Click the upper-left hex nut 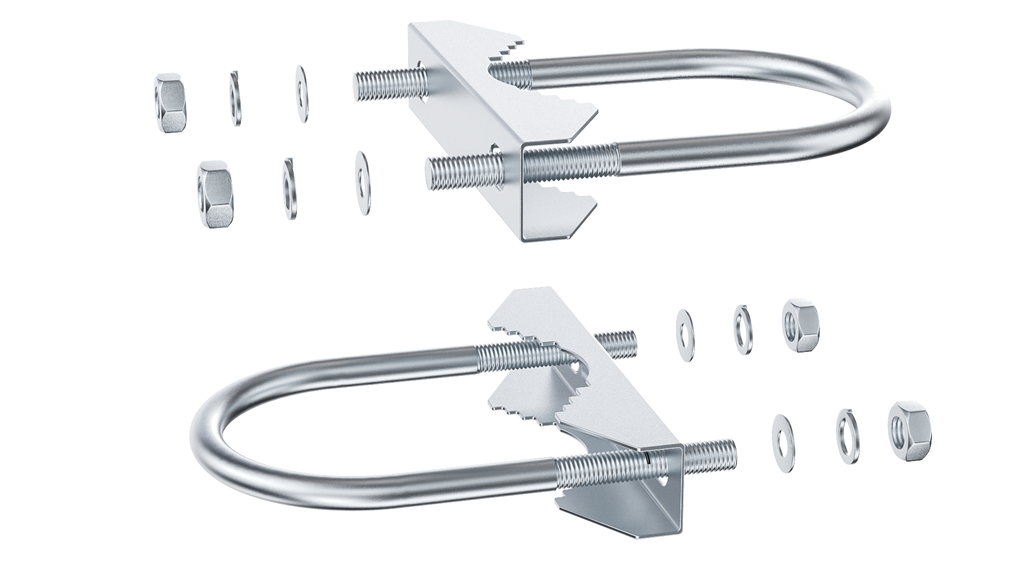[170, 103]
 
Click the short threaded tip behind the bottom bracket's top [618, 343]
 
